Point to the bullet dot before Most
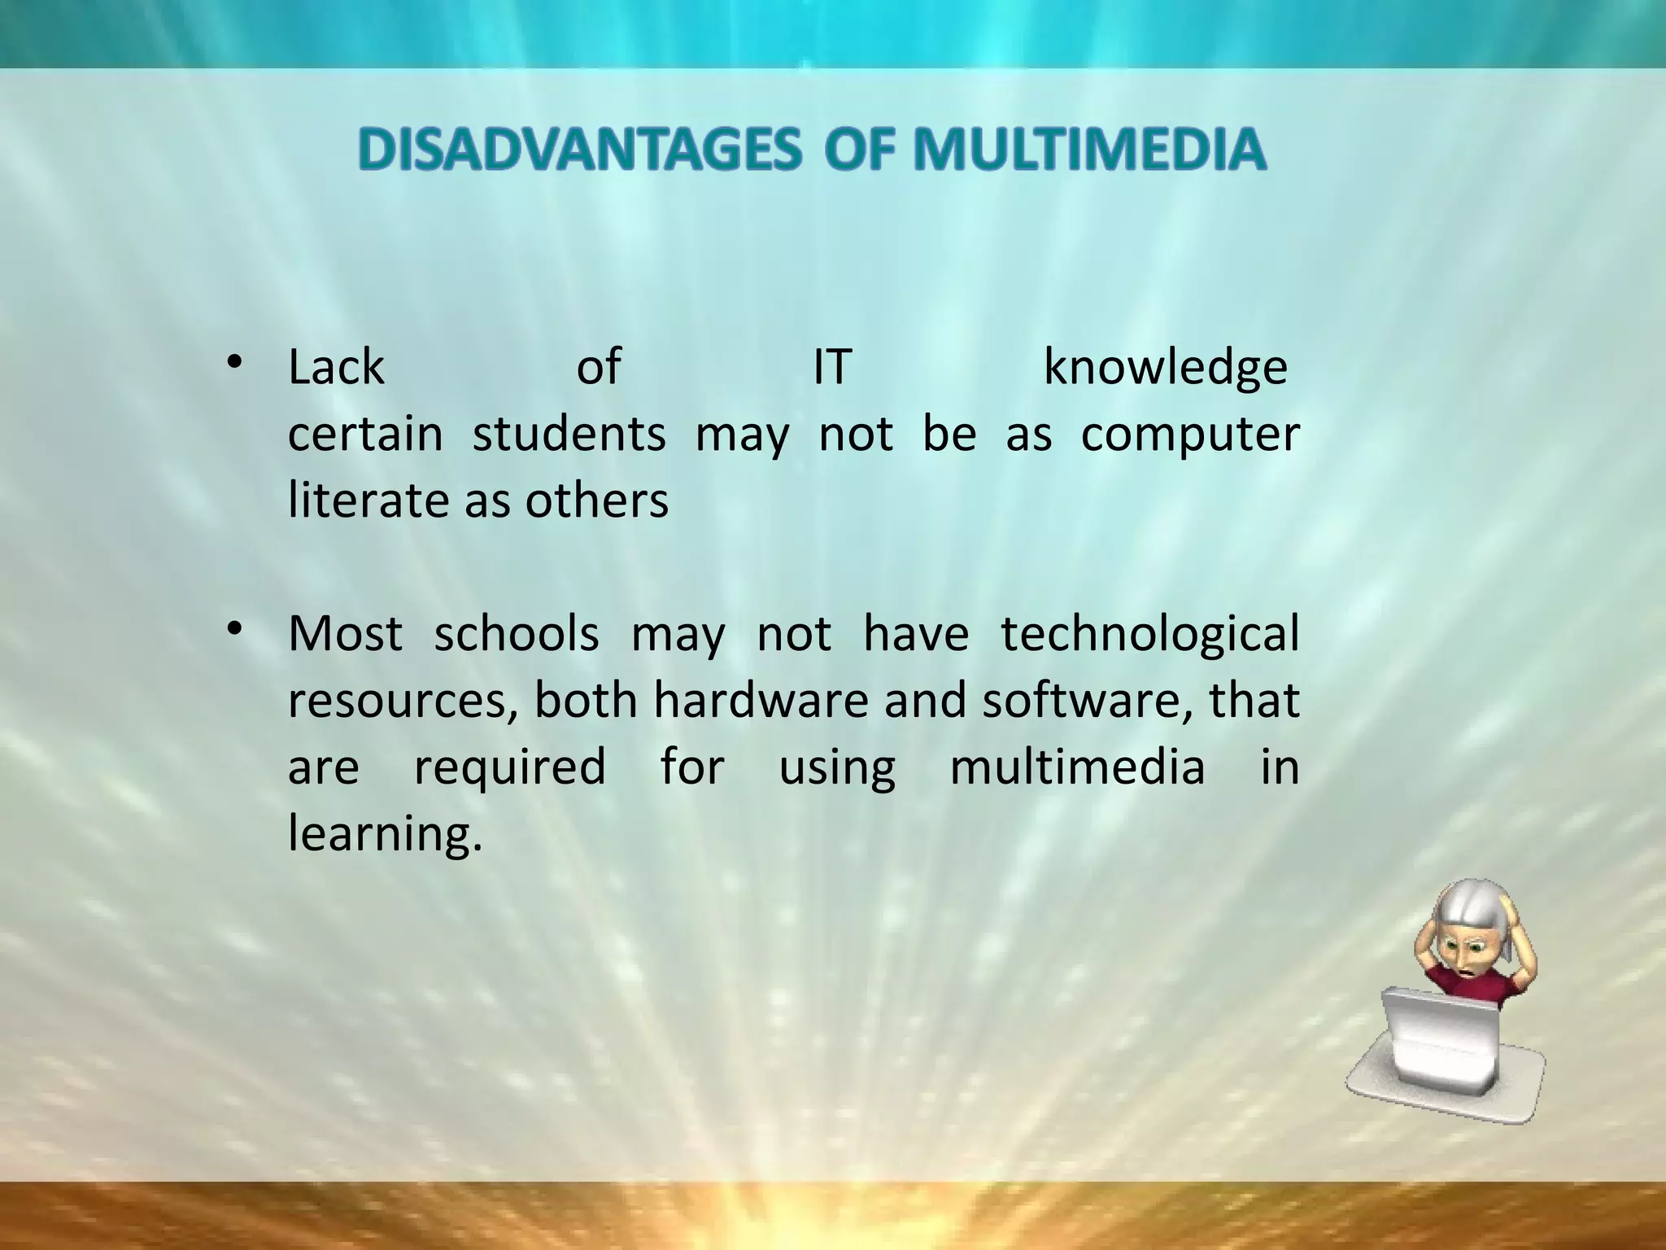[x=235, y=628]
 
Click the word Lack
[x=336, y=368]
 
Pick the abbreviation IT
[x=831, y=368]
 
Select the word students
[x=569, y=434]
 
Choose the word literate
[x=371, y=500]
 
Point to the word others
[x=596, y=500]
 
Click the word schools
[x=517, y=634]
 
